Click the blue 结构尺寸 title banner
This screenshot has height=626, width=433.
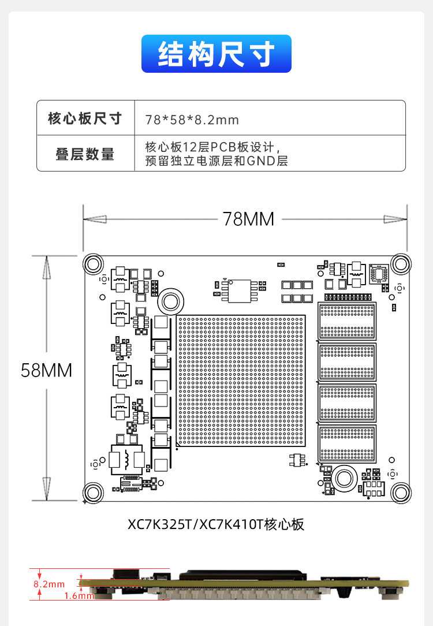point(216,54)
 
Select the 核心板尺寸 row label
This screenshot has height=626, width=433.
point(85,118)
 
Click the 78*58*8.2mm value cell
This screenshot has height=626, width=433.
point(192,120)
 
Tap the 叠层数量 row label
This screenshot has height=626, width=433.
point(85,154)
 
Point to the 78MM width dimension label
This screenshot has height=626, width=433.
point(248,219)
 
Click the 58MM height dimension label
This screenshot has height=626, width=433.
point(46,370)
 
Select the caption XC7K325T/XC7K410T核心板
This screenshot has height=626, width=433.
point(216,524)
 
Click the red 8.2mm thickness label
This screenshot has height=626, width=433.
point(49,584)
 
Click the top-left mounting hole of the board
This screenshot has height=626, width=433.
point(92,264)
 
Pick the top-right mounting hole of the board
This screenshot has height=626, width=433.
point(400,264)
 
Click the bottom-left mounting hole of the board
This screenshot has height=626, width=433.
point(92,493)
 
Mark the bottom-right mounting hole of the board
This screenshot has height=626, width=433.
point(400,493)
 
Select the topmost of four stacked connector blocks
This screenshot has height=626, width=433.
point(346,321)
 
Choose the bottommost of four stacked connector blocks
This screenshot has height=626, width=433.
point(346,444)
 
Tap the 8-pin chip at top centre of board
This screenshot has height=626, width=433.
point(240,290)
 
